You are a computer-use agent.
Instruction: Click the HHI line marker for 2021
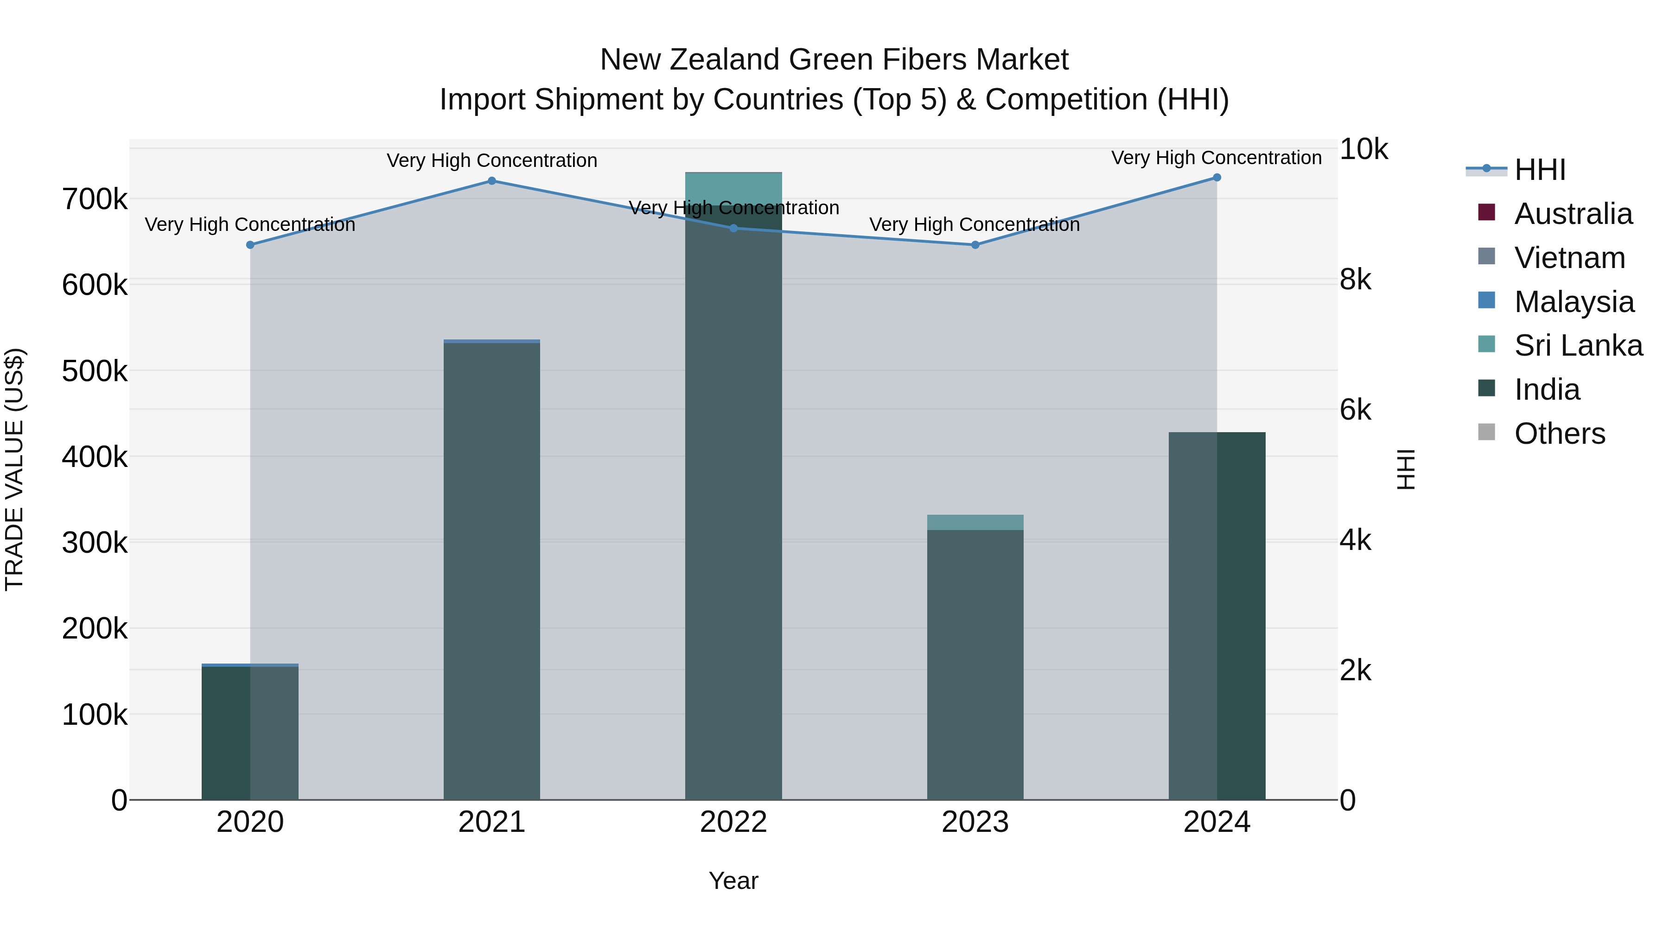pos(492,181)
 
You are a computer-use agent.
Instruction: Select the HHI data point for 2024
pos(1217,178)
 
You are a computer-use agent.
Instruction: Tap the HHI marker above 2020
pos(250,245)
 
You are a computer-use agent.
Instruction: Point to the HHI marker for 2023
pos(975,245)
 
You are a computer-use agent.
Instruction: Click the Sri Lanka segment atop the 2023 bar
pos(975,522)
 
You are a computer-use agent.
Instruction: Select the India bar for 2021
pos(492,570)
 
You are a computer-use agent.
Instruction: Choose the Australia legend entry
pos(1573,214)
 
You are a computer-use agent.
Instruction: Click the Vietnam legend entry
pos(1569,258)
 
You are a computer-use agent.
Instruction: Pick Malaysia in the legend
pos(1574,302)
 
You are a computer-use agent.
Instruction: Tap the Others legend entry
pos(1560,434)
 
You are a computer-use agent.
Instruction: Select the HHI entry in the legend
pos(1539,170)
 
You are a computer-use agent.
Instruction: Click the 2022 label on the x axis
pos(733,822)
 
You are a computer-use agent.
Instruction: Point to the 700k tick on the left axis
pos(95,199)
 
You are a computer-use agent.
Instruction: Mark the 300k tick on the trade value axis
pos(95,543)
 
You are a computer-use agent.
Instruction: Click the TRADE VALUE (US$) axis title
pos(14,469)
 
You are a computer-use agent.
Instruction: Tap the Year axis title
pos(733,881)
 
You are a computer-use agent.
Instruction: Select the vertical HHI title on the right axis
pos(1406,469)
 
